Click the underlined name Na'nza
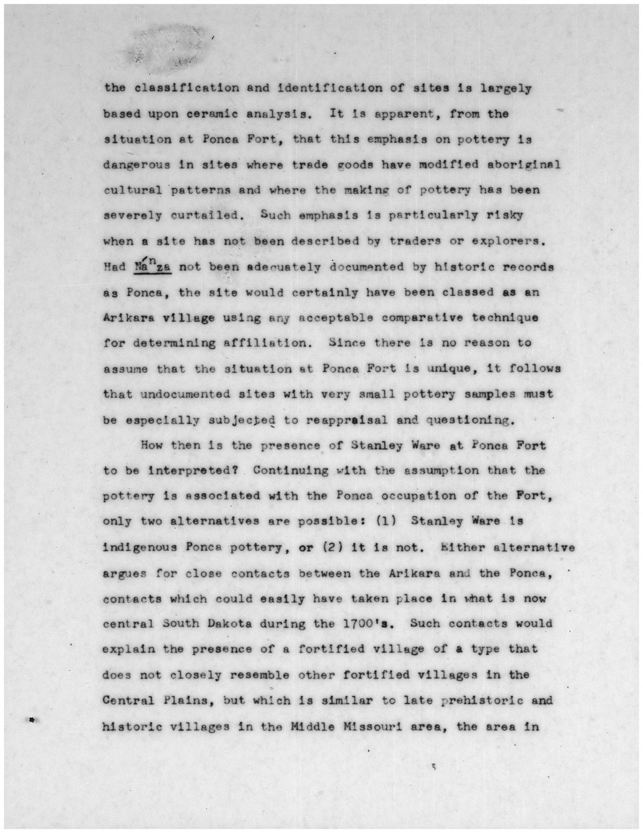click(153, 266)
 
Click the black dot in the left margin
click(31, 719)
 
